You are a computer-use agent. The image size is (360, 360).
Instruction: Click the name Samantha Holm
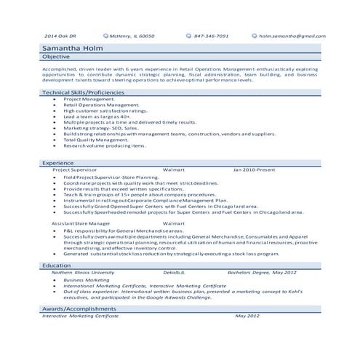73,48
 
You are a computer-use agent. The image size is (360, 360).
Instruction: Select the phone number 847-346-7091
211,35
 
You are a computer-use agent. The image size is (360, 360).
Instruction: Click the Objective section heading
56,57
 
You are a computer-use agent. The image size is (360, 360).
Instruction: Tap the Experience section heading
58,163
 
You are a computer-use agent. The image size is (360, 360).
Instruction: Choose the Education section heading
56,265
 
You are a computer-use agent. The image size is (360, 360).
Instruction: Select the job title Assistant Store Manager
81,223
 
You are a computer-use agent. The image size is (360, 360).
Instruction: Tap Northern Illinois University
78,272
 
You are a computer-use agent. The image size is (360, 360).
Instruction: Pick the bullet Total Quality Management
95,139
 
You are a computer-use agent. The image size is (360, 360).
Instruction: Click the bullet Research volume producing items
99,145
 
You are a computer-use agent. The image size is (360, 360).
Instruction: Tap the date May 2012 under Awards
247,316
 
